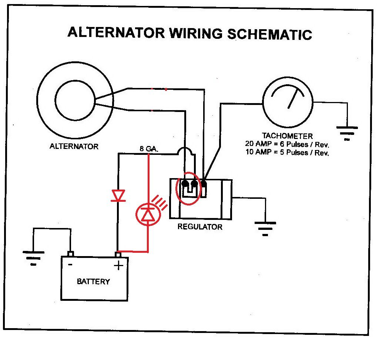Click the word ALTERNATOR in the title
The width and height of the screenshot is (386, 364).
click(115, 33)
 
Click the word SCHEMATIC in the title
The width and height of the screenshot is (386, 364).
click(269, 34)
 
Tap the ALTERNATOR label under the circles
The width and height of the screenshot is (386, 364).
click(74, 146)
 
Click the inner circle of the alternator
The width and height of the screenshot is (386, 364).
click(75, 101)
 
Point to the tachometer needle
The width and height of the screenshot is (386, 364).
click(293, 98)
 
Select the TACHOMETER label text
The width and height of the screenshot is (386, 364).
click(287, 136)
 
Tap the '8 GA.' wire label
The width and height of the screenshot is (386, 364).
click(149, 149)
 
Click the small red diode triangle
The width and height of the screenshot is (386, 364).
click(118, 195)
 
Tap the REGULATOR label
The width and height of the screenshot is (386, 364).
click(200, 227)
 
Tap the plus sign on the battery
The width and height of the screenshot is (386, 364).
click(118, 265)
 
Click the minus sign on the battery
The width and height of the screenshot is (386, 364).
click(70, 265)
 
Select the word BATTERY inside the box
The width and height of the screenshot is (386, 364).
click(93, 282)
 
